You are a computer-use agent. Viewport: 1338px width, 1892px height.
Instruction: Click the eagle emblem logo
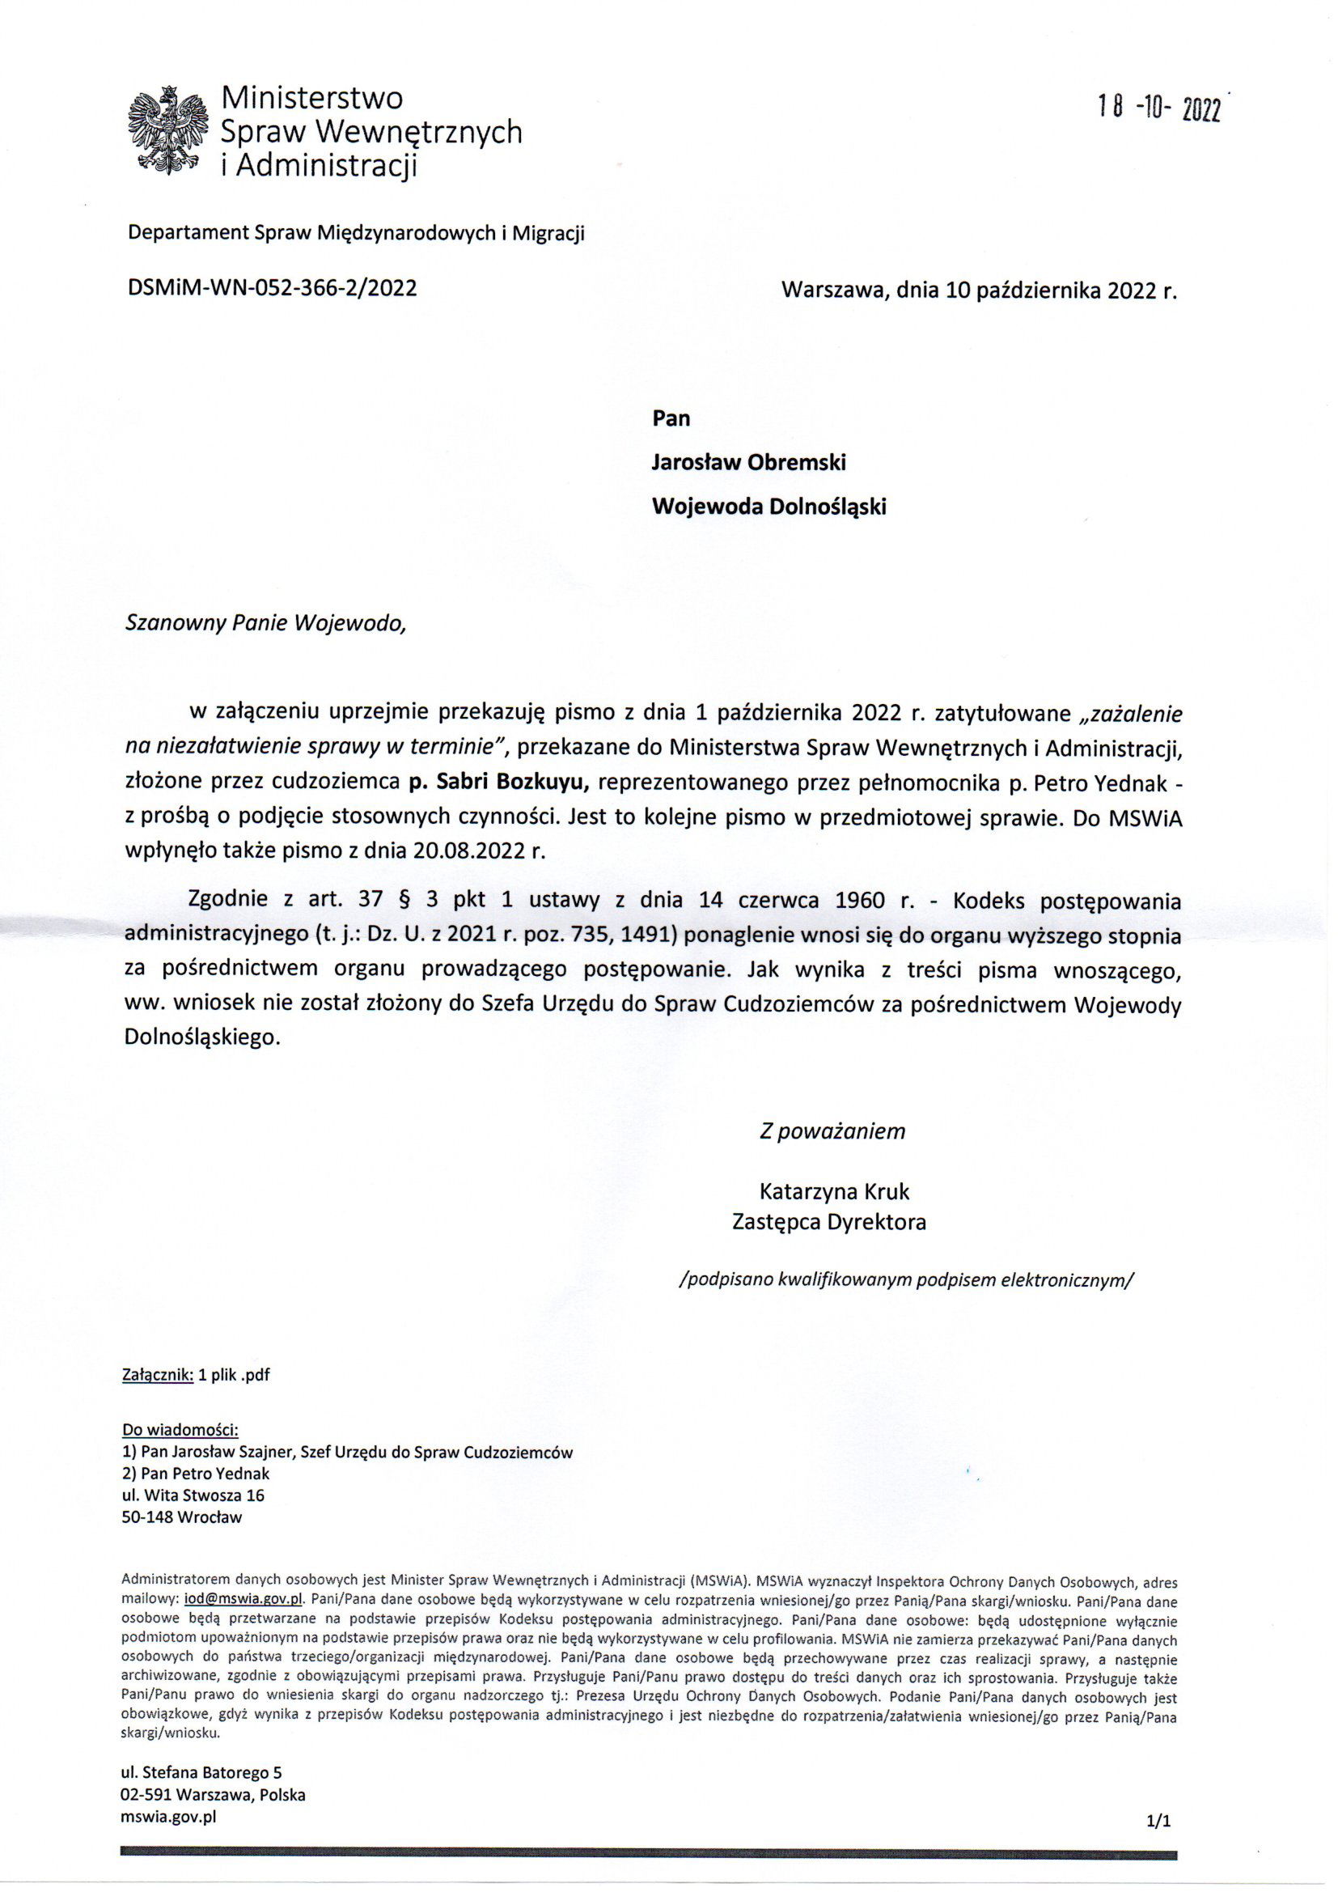(x=167, y=132)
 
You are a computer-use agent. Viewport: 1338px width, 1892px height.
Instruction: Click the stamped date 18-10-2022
(x=1158, y=107)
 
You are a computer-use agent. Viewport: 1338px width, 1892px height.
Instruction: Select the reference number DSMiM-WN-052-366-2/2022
(x=272, y=287)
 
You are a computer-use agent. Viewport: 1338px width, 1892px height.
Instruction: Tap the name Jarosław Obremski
(x=748, y=462)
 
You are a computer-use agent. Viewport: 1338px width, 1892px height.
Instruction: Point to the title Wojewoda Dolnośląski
(x=769, y=506)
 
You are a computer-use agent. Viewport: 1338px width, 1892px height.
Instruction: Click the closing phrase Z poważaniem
(x=832, y=1131)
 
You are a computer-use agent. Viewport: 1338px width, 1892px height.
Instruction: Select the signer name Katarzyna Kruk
(x=834, y=1191)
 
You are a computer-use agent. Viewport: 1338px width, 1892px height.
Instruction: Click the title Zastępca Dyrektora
(x=829, y=1221)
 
